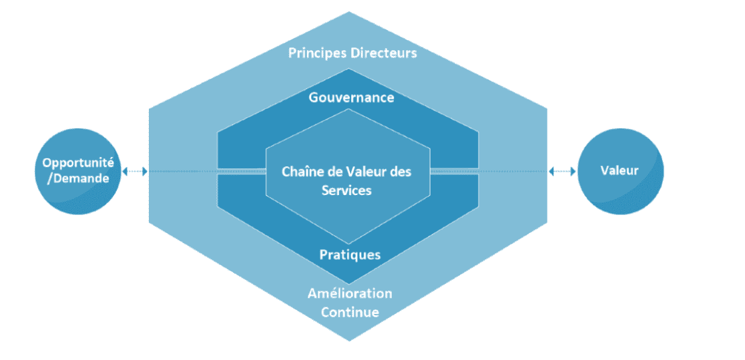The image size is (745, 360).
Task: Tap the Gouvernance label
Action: [352, 98]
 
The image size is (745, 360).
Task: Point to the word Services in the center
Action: [346, 190]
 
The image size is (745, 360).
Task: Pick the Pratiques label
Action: [350, 254]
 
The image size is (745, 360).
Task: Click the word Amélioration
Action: [350, 293]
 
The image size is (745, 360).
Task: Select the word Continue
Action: [350, 313]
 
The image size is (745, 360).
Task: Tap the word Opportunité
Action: [78, 163]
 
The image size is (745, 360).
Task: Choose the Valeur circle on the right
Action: [621, 172]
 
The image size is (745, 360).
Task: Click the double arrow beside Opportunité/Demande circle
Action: [135, 172]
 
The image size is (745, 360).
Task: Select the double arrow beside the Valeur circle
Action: [562, 172]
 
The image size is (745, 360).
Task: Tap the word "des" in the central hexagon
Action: [401, 171]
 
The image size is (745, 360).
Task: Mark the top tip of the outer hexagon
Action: [349, 11]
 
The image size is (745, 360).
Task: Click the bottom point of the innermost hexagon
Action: [349, 244]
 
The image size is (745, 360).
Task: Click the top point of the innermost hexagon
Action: [349, 108]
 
